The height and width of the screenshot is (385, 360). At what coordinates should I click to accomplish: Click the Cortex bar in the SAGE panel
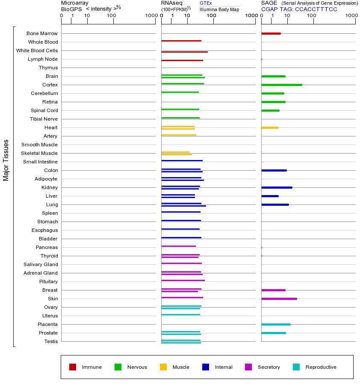[x=281, y=85]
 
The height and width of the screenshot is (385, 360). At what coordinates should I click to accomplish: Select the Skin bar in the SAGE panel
[x=279, y=299]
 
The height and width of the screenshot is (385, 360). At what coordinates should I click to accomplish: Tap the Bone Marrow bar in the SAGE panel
[x=271, y=33]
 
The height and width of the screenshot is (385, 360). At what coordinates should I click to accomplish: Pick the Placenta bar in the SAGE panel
[x=276, y=324]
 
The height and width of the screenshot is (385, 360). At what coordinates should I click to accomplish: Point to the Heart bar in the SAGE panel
[x=269, y=127]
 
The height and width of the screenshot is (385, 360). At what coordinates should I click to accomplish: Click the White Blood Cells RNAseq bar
[x=184, y=52]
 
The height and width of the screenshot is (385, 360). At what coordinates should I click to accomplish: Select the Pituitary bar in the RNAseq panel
[x=183, y=280]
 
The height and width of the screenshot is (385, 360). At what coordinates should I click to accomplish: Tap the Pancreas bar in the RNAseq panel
[x=178, y=246]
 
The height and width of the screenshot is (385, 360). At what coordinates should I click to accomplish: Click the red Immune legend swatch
[x=73, y=367]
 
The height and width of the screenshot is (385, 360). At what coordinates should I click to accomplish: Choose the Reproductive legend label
[x=321, y=367]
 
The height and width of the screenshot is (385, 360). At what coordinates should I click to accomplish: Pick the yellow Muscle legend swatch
[x=163, y=367]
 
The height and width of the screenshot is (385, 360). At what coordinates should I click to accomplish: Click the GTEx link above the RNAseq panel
[x=206, y=3]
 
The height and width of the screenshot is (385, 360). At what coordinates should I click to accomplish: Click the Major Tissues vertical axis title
[x=6, y=160]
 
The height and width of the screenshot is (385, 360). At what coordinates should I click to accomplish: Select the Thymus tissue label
[x=48, y=68]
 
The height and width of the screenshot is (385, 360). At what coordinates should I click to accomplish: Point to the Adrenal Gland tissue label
[x=41, y=273]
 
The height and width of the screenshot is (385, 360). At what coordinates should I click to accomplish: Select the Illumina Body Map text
[x=219, y=9]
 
